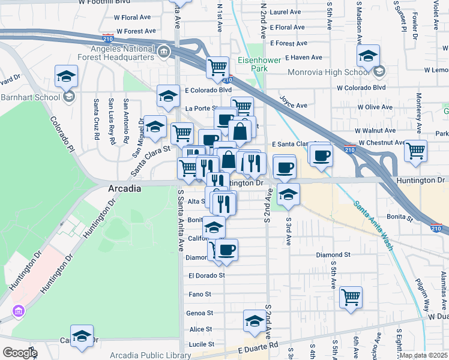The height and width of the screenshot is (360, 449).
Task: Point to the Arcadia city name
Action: pyautogui.click(x=124, y=188)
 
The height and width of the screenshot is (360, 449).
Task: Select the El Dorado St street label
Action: pyautogui.click(x=206, y=275)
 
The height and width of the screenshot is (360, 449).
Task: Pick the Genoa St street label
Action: pyautogui.click(x=201, y=313)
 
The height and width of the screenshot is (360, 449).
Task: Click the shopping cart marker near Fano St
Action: pyautogui.click(x=351, y=296)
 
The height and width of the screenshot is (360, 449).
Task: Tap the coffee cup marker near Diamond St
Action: pyautogui.click(x=226, y=249)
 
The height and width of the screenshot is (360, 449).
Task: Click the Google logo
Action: pyautogui.click(x=20, y=353)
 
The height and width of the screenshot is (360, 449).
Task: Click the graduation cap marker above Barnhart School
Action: pyautogui.click(x=66, y=76)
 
